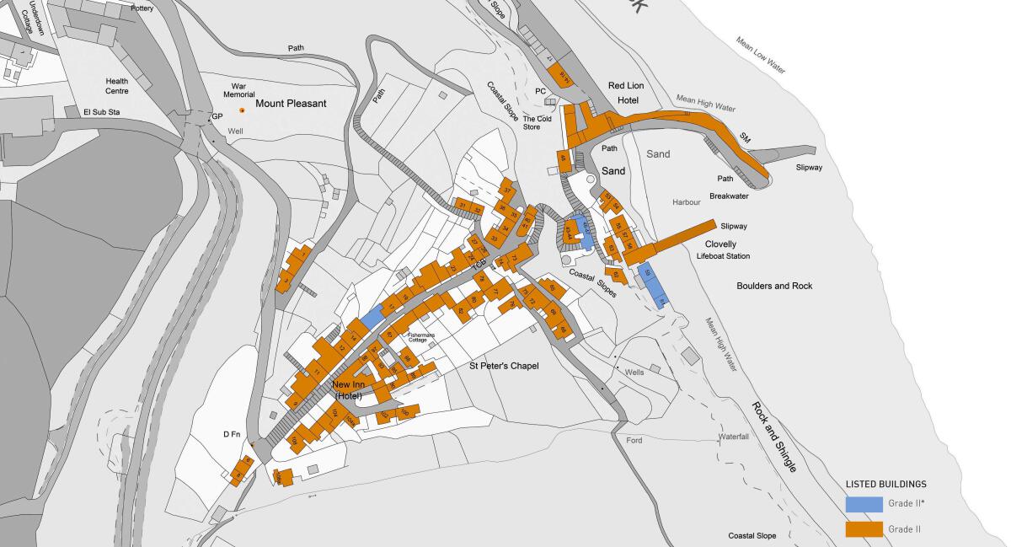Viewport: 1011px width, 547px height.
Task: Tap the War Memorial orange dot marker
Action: point(243,110)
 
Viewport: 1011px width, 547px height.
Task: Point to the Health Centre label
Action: point(117,86)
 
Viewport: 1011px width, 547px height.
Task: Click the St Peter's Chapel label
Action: point(504,366)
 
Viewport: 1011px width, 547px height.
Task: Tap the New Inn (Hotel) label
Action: point(348,390)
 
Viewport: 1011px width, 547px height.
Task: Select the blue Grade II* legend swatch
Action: point(864,504)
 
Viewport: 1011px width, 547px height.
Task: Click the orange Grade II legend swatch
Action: point(864,529)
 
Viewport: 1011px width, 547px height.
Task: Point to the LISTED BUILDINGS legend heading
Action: point(885,485)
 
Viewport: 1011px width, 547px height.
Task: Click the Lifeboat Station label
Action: point(723,256)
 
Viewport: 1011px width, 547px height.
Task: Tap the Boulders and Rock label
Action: point(774,286)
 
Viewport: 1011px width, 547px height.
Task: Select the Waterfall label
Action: point(733,437)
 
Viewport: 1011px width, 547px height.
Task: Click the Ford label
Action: point(634,441)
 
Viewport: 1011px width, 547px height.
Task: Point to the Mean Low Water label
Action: point(761,56)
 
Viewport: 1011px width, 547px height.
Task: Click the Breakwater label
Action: point(729,196)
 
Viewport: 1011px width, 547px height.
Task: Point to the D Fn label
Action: point(233,434)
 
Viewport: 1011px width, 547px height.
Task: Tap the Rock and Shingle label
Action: point(773,437)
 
